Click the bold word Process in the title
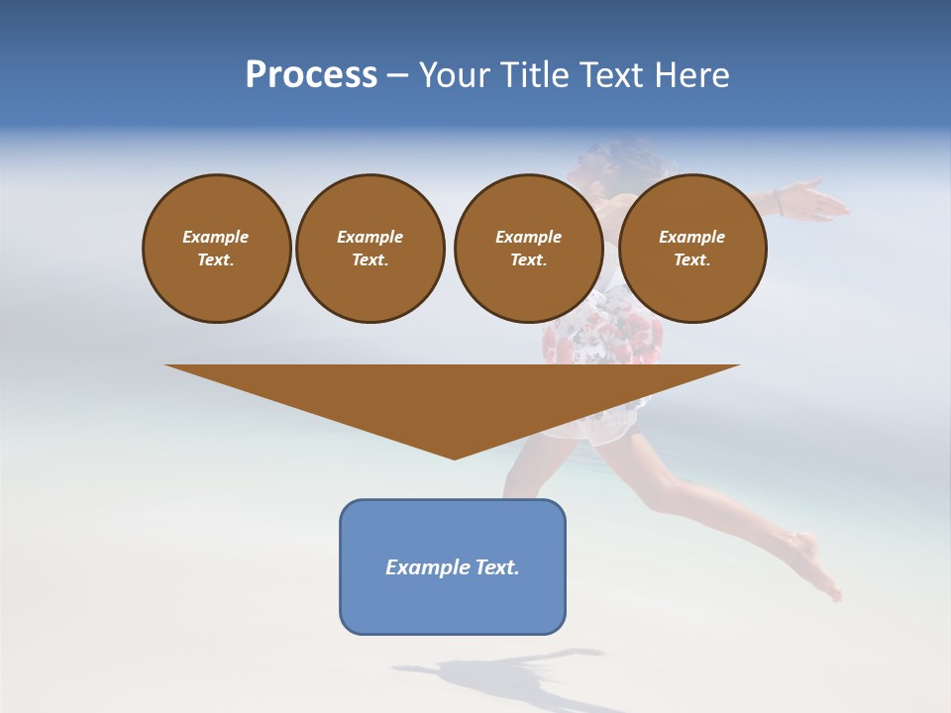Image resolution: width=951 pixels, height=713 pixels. [311, 75]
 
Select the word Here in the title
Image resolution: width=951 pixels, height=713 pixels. [689, 75]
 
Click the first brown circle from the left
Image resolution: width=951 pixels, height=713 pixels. [217, 248]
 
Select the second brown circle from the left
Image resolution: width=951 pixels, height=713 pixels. [370, 248]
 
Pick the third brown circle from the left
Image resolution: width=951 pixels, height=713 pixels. [528, 248]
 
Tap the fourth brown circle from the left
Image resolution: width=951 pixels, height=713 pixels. [692, 248]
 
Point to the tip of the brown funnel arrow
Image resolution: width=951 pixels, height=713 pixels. [454, 456]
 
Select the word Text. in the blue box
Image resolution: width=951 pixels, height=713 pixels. [496, 567]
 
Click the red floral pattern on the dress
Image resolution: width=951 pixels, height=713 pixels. [594, 337]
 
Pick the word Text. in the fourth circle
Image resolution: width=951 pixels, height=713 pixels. [692, 259]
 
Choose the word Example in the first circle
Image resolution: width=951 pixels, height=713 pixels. [216, 237]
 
